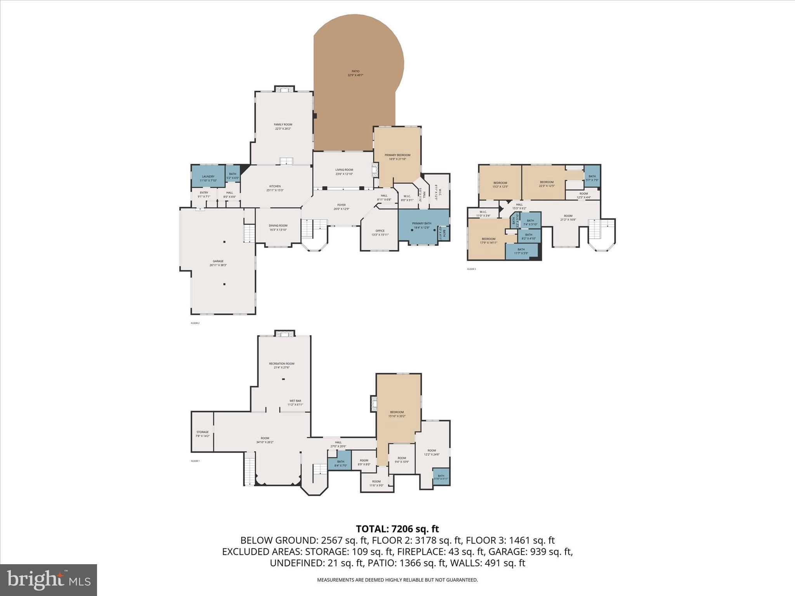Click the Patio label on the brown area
click(x=355, y=73)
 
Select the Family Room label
click(x=283, y=126)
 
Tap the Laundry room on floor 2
click(x=208, y=178)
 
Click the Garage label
click(x=218, y=263)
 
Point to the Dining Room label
click(x=278, y=227)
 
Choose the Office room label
click(x=380, y=232)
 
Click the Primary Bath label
click(x=421, y=225)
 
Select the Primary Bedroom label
click(x=397, y=157)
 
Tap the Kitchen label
click(x=275, y=188)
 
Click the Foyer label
click(x=341, y=207)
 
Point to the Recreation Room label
click(x=281, y=365)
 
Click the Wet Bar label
click(x=295, y=402)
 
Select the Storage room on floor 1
click(x=202, y=434)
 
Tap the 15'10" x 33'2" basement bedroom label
click(x=397, y=414)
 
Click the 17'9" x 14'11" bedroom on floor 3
click(x=488, y=241)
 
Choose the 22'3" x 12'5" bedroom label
click(x=546, y=184)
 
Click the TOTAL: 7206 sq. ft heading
click(x=397, y=528)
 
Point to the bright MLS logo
click(x=49, y=580)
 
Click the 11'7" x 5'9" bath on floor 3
click(x=521, y=251)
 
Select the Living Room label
click(x=344, y=172)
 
